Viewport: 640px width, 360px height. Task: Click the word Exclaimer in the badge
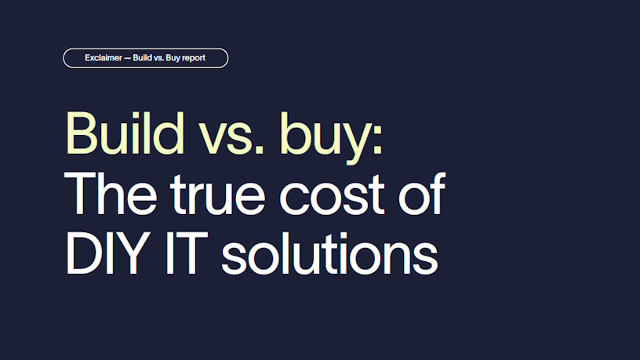click(104, 58)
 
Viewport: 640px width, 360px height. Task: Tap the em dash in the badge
click(127, 58)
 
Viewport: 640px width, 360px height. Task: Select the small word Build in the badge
click(143, 58)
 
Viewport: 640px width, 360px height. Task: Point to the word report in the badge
click(194, 58)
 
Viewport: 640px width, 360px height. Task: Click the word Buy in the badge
click(173, 58)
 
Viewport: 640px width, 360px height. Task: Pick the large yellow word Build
click(125, 133)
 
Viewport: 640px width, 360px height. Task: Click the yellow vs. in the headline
click(231, 139)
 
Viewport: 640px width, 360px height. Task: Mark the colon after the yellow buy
click(377, 139)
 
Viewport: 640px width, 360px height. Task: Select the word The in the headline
click(111, 194)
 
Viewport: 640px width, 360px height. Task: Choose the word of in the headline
click(422, 193)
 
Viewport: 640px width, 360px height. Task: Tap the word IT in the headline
click(187, 253)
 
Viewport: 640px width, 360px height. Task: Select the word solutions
click(329, 253)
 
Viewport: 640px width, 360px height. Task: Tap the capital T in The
click(81, 194)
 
